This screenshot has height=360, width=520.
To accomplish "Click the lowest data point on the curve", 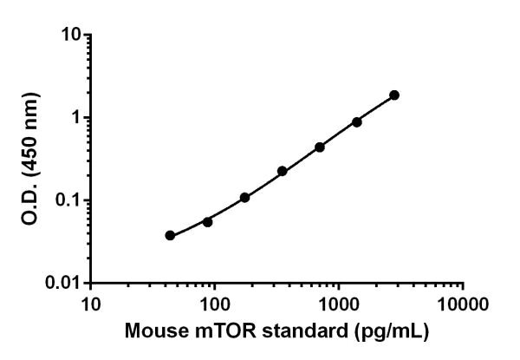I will coord(170,235).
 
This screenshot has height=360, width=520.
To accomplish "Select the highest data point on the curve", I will coord(394,95).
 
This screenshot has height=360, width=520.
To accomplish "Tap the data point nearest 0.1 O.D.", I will coord(244,197).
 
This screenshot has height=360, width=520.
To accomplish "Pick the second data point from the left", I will coord(207,221).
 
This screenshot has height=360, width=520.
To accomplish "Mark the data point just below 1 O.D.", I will coord(356,121).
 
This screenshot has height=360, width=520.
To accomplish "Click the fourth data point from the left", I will coord(283,171).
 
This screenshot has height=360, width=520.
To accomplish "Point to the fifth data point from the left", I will coord(320,147).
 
